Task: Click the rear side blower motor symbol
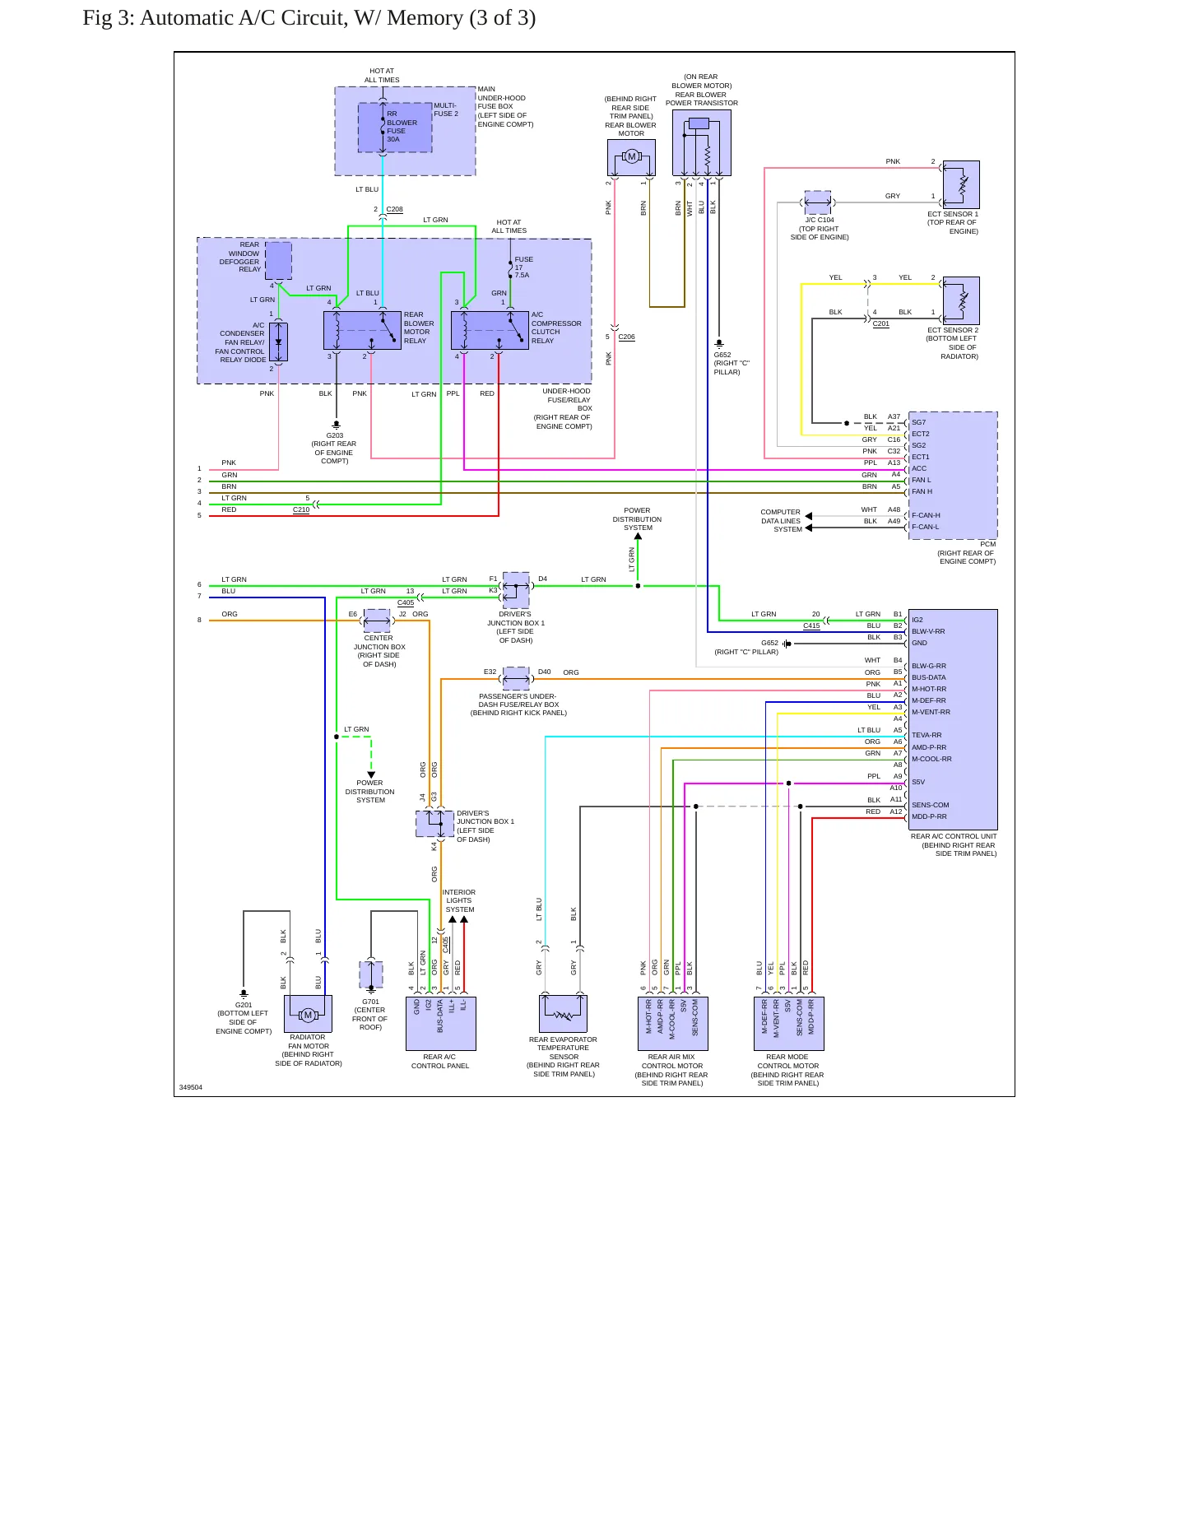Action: click(x=631, y=157)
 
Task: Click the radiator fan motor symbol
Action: click(x=308, y=1014)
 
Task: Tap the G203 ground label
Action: click(x=334, y=435)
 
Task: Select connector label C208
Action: click(x=395, y=209)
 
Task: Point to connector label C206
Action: click(x=627, y=337)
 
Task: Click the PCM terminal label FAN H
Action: click(x=922, y=491)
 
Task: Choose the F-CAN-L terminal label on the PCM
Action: click(x=925, y=527)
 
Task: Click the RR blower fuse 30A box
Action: click(x=395, y=128)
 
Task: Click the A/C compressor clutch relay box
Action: click(x=490, y=330)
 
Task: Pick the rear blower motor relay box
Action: click(x=362, y=330)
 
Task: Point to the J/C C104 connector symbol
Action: click(x=817, y=202)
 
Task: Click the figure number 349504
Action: click(x=191, y=1087)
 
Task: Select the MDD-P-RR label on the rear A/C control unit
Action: click(x=929, y=816)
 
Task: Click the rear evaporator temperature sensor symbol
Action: click(x=564, y=1013)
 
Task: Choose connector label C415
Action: click(x=811, y=625)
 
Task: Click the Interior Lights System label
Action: click(x=459, y=900)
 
